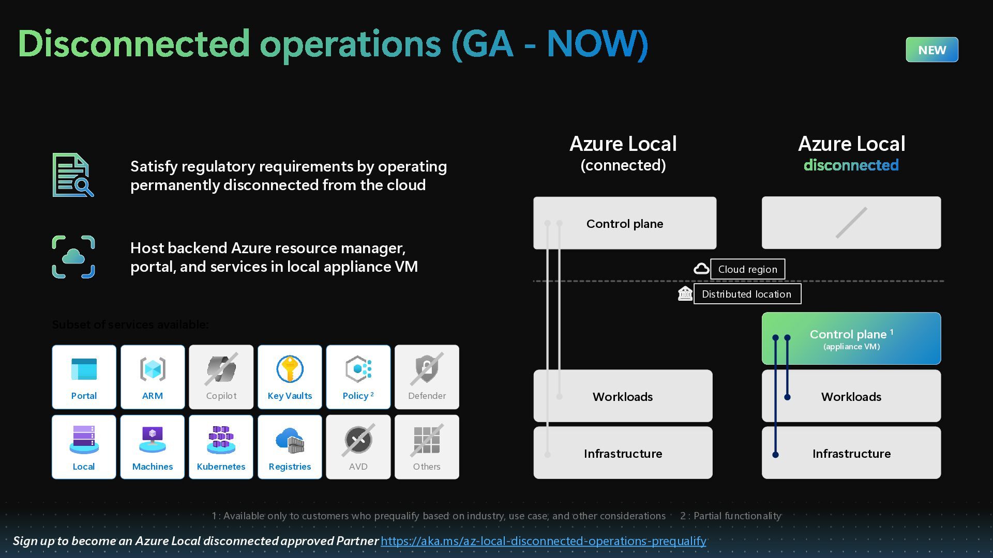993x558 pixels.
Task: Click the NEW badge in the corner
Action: click(x=931, y=50)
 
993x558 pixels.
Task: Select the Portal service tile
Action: click(x=84, y=377)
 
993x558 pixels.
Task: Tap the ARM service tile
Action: click(x=153, y=377)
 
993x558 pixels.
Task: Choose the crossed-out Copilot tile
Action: click(x=221, y=377)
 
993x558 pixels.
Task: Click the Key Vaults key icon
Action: click(x=290, y=369)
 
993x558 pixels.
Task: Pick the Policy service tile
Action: click(x=358, y=377)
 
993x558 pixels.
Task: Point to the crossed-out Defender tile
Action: click(x=427, y=377)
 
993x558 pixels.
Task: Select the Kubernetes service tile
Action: click(x=221, y=447)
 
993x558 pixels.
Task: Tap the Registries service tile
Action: click(x=290, y=447)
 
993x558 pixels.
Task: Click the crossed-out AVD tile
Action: click(x=358, y=447)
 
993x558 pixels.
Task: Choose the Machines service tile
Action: click(x=153, y=447)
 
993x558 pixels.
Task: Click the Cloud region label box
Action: click(x=747, y=269)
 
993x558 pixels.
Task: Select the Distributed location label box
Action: click(x=747, y=294)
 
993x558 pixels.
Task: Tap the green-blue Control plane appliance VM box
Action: click(x=851, y=338)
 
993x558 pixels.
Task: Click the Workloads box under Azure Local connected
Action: click(x=623, y=396)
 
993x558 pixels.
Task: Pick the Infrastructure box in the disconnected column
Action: click(x=851, y=453)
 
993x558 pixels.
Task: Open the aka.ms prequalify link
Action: click(x=543, y=541)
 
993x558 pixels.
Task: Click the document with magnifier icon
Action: click(x=73, y=175)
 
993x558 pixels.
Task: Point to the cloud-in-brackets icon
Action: click(x=73, y=257)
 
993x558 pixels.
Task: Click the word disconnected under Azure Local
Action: click(x=851, y=165)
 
